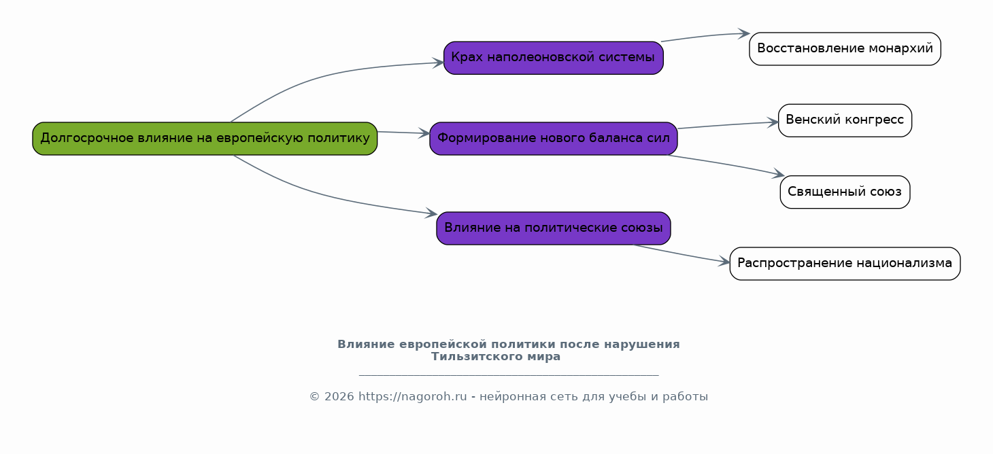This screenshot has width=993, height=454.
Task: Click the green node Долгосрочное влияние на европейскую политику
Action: pyautogui.click(x=205, y=139)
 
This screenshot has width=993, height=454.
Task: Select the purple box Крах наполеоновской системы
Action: pyautogui.click(x=553, y=58)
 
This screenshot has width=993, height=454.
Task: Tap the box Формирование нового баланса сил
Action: pyautogui.click(x=553, y=139)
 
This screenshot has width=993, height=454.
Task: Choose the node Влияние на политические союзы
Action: pyautogui.click(x=553, y=228)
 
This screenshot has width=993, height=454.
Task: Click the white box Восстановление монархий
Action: pyautogui.click(x=845, y=49)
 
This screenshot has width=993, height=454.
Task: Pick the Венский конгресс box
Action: pyautogui.click(x=845, y=120)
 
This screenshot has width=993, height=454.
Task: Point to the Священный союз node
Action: pyautogui.click(x=845, y=192)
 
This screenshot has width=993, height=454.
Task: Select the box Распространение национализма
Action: pyautogui.click(x=845, y=264)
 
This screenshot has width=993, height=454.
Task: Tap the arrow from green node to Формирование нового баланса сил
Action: pyautogui.click(x=403, y=133)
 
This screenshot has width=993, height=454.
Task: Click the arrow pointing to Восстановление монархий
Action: pyautogui.click(x=705, y=36)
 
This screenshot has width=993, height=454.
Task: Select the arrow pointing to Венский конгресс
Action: pyautogui.click(x=728, y=125)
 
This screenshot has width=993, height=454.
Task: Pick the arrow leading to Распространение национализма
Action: pyautogui.click(x=681, y=254)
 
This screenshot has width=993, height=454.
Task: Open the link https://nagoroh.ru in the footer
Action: pyautogui.click(x=412, y=396)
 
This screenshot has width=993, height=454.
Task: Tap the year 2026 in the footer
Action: pyautogui.click(x=339, y=396)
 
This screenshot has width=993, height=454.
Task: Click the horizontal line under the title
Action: pyautogui.click(x=509, y=375)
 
